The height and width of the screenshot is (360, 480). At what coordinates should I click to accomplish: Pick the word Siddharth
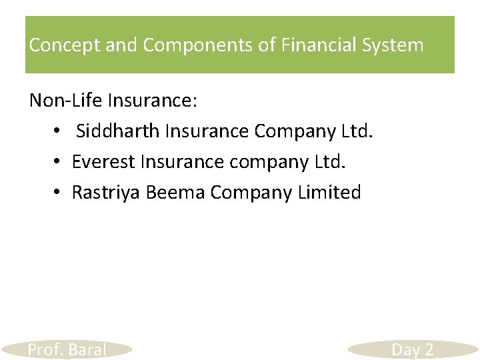pyautogui.click(x=117, y=131)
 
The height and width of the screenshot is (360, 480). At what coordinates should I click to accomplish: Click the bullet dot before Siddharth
pyautogui.click(x=59, y=131)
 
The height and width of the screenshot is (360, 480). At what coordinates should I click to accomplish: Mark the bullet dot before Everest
pyautogui.click(x=59, y=162)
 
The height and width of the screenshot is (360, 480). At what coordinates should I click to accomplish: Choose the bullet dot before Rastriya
pyautogui.click(x=59, y=193)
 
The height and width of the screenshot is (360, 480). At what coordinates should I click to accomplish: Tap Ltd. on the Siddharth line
pyautogui.click(x=357, y=131)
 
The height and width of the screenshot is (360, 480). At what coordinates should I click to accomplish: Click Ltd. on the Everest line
pyautogui.click(x=330, y=162)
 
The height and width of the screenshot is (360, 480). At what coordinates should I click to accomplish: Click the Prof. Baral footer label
pyautogui.click(x=67, y=349)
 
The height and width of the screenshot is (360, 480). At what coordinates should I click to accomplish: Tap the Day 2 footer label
pyautogui.click(x=412, y=349)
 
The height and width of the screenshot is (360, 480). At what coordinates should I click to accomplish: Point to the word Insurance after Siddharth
pyautogui.click(x=207, y=131)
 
